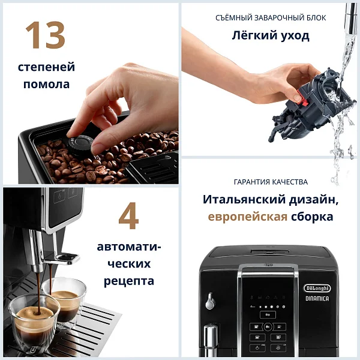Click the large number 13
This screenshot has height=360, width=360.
point(46,35)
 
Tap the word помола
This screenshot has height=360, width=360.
point(46,84)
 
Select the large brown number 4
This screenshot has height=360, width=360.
point(128,216)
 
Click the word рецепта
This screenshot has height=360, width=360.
point(129,281)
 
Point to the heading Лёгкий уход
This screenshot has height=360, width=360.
point(271,36)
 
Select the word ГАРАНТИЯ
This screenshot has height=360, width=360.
point(251,182)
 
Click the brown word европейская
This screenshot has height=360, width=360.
point(247,217)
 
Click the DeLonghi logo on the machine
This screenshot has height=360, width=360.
point(317,288)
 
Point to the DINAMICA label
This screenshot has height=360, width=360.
point(317,298)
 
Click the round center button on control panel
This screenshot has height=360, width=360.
point(268,326)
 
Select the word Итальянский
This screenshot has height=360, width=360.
point(244,199)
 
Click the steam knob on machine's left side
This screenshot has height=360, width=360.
point(210,301)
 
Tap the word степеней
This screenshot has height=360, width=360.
point(46,67)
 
